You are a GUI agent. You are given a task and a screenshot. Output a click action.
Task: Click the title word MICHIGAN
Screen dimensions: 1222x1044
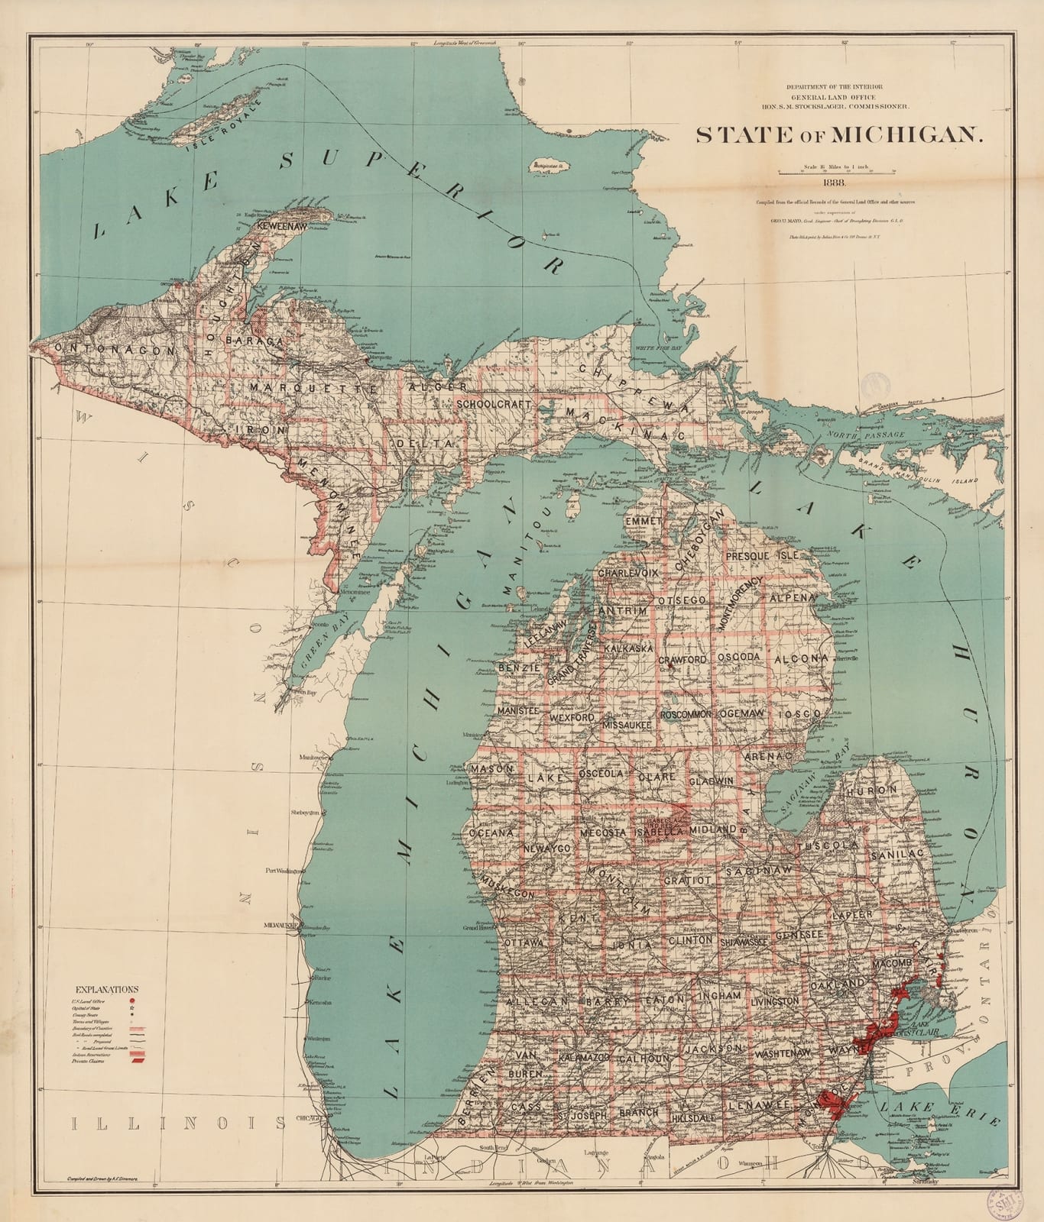(906, 135)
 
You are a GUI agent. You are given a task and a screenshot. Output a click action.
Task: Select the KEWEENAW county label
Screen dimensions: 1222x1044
(283, 228)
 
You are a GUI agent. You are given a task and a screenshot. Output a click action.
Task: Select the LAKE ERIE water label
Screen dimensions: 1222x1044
(938, 1113)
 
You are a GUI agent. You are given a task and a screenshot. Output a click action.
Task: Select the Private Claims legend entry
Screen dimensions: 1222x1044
(89, 1062)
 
